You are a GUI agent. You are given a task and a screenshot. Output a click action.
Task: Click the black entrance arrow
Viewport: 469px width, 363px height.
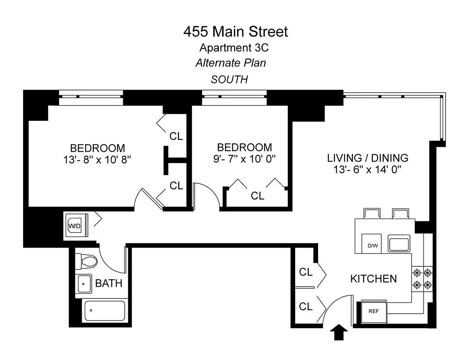(x=338, y=332)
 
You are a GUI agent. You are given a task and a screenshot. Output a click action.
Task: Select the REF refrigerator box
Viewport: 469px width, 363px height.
(x=374, y=312)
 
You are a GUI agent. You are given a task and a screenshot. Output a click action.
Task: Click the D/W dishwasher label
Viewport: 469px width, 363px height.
(x=373, y=246)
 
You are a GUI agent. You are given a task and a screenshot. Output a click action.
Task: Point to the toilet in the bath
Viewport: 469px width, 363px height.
(x=86, y=262)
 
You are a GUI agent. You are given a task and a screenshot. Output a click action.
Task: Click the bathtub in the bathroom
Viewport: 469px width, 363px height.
(x=105, y=311)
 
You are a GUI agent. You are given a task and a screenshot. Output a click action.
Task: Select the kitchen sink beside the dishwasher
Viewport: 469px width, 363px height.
(x=399, y=243)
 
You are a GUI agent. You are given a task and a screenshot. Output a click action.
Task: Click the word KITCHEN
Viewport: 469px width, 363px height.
(x=373, y=279)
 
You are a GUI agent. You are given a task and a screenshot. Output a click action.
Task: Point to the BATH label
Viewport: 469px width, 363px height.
(x=109, y=283)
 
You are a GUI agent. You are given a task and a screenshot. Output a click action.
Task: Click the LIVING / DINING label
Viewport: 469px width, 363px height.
(x=367, y=158)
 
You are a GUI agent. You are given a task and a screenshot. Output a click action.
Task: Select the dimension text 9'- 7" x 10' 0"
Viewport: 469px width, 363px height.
(x=244, y=159)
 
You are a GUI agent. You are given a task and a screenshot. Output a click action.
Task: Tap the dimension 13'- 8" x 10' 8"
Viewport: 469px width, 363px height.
(x=97, y=160)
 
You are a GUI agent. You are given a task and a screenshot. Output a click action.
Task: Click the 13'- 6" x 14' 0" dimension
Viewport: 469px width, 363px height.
(x=367, y=169)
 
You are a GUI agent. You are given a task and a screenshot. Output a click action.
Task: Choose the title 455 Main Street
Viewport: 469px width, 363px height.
(x=235, y=32)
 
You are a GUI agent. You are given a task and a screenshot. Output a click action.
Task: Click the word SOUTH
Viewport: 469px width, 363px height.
(x=229, y=79)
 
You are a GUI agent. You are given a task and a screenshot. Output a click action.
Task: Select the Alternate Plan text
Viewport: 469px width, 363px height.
(x=231, y=63)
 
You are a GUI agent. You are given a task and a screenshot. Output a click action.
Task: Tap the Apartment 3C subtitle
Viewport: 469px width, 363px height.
(x=234, y=48)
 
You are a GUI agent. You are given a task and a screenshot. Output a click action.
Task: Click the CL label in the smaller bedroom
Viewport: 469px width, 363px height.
(x=258, y=196)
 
